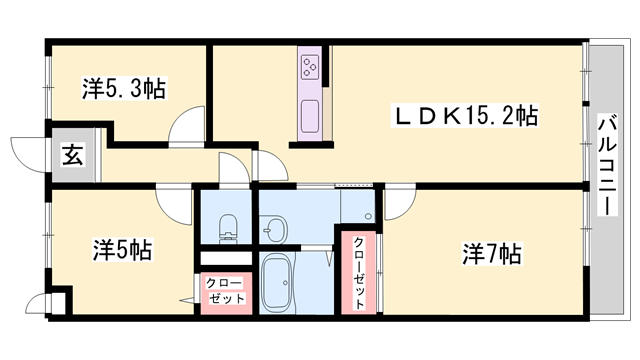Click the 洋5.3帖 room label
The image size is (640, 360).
click(x=123, y=89)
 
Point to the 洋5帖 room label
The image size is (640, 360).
click(x=122, y=249)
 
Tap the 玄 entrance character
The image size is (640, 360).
click(x=73, y=155)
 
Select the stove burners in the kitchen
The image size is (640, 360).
click(x=308, y=69)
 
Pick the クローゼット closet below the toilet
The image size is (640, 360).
click(x=226, y=291)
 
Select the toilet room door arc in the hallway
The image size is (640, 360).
click(x=236, y=168)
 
